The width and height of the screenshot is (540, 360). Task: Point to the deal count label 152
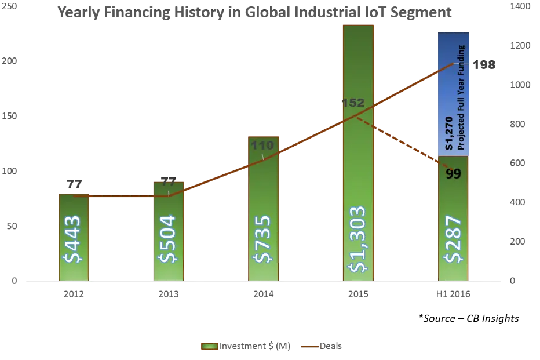[x=353, y=103]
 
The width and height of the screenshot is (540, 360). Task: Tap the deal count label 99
[x=453, y=174]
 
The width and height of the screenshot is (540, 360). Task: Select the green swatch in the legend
[x=209, y=346]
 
